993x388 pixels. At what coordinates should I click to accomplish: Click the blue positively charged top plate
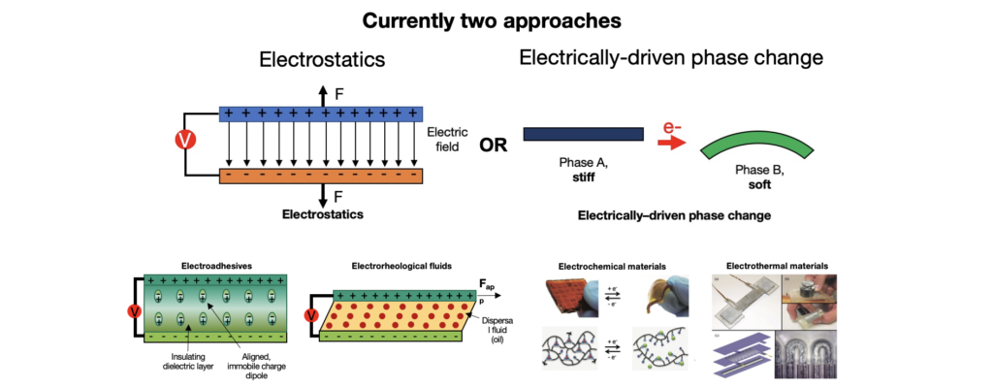click(321, 113)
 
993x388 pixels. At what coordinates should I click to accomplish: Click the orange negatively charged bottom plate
click(321, 177)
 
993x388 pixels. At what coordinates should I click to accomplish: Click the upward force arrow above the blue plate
click(323, 95)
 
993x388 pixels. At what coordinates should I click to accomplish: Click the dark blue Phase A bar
click(582, 135)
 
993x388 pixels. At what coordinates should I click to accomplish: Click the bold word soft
click(759, 184)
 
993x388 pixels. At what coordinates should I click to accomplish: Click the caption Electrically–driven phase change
click(674, 215)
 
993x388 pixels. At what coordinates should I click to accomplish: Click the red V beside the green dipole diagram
click(134, 312)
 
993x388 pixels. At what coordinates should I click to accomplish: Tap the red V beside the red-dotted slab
click(311, 315)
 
